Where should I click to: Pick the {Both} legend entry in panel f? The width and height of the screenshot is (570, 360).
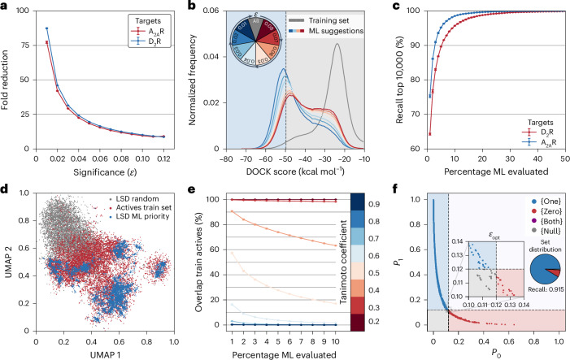point(537,219)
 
